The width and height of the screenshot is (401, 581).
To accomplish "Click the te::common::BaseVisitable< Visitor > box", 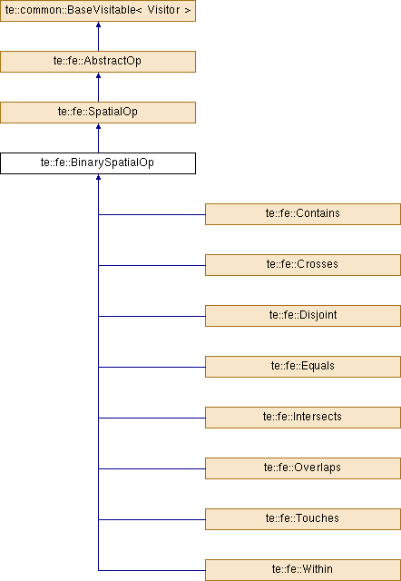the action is (98, 11).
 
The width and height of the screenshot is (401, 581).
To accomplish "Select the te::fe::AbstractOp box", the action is (98, 62).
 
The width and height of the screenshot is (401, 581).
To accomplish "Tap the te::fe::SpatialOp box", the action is (98, 113).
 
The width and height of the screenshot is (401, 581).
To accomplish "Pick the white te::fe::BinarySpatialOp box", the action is (98, 163).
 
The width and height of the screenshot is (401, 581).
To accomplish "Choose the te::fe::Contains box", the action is (303, 214).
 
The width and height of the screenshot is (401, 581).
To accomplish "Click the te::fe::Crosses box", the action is (303, 264).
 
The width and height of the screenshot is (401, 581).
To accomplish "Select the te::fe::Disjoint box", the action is (303, 316).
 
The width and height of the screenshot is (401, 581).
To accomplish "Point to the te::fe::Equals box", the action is (303, 367).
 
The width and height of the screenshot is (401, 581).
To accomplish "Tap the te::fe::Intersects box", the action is (303, 418).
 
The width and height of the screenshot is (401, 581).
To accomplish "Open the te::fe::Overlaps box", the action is (303, 468).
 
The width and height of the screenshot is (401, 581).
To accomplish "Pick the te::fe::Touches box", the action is (303, 518).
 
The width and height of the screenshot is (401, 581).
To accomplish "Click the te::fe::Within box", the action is (303, 570).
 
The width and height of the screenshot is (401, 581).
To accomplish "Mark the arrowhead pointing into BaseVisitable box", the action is (98, 25).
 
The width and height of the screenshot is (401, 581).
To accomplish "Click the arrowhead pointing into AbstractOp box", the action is (98, 75).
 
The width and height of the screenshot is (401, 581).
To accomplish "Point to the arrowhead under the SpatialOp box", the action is (98, 126).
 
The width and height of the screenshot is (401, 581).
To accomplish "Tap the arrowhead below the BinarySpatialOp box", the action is (98, 177).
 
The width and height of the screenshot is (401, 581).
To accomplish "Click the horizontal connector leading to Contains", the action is (152, 214).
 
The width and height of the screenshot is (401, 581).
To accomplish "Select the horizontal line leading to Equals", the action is (152, 367).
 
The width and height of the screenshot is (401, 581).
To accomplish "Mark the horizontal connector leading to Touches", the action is (152, 519).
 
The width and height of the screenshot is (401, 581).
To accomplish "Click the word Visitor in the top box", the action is (163, 10).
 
